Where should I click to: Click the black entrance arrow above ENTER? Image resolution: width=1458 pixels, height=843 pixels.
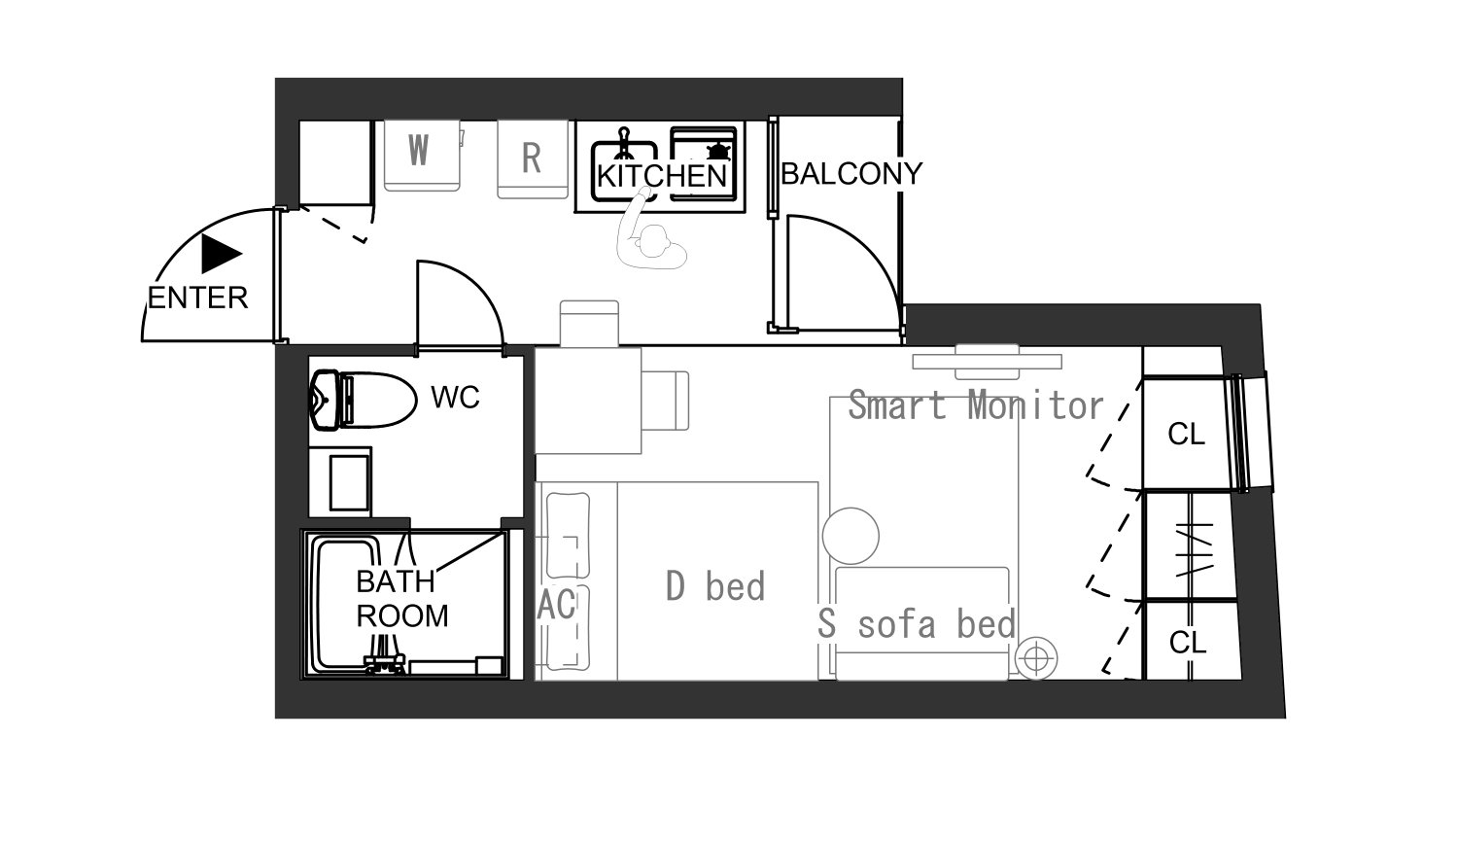pos(220,254)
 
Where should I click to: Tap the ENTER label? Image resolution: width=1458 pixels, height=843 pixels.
pos(198,299)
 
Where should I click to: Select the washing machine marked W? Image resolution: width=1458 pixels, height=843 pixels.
pos(422,156)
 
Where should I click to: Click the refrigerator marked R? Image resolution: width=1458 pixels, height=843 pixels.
pos(533,158)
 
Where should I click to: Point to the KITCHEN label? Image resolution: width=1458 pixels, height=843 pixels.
pos(661,176)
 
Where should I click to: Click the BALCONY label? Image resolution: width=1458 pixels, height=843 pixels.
pos(851,174)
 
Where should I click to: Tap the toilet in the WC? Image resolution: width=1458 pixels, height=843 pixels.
pos(363,400)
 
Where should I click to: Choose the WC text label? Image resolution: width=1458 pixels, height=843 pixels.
pos(455,397)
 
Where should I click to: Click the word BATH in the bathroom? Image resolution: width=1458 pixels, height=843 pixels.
pos(395,581)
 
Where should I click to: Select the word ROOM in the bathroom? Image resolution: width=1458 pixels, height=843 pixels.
pos(402,615)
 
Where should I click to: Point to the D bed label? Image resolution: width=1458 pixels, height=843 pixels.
pos(714,585)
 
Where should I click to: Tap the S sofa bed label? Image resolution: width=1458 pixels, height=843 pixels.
pos(916,623)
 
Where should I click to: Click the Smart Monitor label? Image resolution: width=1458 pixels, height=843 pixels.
pos(976,404)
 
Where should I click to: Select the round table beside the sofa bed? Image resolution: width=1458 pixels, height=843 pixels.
pos(850,536)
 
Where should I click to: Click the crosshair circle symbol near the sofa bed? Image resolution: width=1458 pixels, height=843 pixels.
pos(1036,659)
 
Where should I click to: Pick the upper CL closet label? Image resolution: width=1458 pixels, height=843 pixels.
pos(1186,435)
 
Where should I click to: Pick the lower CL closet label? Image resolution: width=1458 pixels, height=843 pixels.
pos(1188,643)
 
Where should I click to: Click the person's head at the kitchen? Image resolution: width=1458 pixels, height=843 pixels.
pos(654,242)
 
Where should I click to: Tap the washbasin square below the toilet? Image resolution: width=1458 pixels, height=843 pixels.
pos(349,483)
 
